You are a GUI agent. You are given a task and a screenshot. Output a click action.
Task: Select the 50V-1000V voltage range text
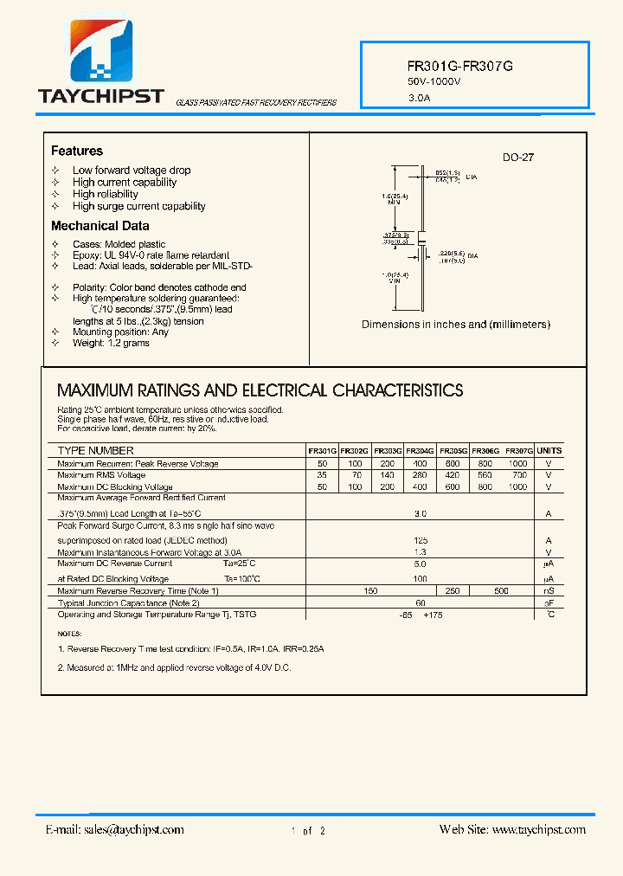[434, 81]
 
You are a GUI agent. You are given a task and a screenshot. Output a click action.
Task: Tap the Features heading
[76, 151]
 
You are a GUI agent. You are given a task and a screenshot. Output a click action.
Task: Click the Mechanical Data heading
[100, 226]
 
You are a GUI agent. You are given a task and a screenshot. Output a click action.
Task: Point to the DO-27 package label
[518, 158]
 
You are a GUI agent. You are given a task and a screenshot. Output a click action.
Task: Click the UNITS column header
[549, 451]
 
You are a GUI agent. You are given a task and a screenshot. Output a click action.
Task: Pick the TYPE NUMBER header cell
[95, 451]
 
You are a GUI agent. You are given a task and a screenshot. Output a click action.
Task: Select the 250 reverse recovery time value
[452, 590]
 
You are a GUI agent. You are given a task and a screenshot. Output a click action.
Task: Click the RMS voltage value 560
[485, 475]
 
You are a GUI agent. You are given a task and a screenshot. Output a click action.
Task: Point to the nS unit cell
[549, 590]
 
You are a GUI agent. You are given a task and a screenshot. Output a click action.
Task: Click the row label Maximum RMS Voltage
[101, 475]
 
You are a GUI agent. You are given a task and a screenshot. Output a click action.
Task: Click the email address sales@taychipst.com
[133, 829]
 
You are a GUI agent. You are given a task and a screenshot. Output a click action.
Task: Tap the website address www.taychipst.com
[538, 829]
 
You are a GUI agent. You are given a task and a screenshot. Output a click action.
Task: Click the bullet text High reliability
[105, 194]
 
